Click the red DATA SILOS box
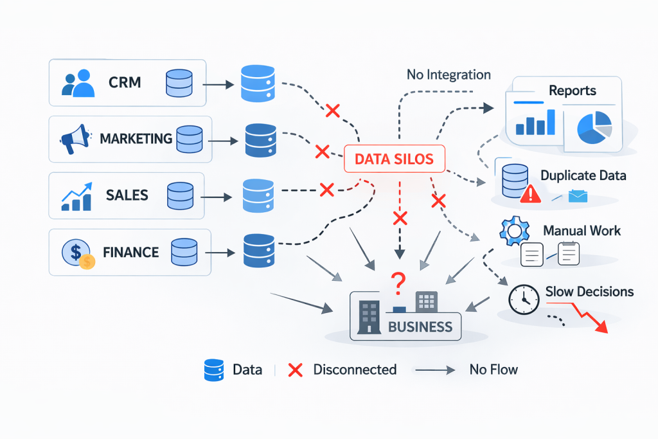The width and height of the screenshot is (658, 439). [395, 158]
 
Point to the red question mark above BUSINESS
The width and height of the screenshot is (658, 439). [398, 281]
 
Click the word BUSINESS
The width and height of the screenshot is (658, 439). [420, 326]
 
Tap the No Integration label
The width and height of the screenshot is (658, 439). [449, 75]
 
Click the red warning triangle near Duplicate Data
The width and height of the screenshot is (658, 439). [531, 195]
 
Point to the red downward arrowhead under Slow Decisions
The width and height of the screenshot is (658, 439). [601, 327]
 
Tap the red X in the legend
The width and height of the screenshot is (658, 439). [295, 370]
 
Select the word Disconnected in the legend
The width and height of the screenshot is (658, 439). [355, 370]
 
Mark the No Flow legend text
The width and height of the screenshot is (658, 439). [493, 370]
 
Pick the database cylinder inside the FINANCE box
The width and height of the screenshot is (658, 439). [184, 251]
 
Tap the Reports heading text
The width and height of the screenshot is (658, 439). [573, 91]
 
